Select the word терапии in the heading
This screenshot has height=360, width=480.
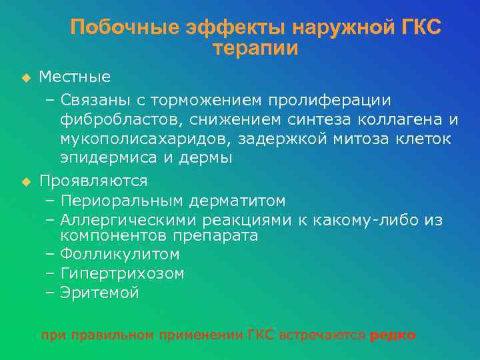pos(255,49)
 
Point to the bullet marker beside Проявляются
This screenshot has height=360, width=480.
pos(26,181)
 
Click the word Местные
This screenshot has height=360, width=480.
pos(75,77)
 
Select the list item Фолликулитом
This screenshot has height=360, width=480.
pos(120,254)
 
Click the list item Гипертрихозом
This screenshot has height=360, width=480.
pos(122,273)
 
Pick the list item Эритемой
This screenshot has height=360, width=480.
pos(99,293)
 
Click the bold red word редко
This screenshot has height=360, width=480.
pos(393,335)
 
